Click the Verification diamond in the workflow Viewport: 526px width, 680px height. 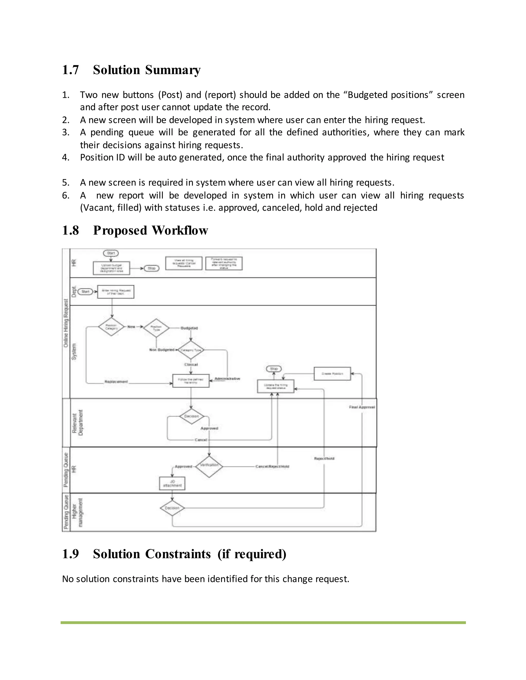coord(209,467)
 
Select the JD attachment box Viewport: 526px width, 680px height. coord(172,483)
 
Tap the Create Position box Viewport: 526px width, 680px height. coord(332,374)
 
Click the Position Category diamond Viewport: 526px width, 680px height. coord(111,327)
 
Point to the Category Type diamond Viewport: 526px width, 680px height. coord(190,350)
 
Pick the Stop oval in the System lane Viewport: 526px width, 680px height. coord(274,369)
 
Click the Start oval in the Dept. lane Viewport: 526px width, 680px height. coord(85,292)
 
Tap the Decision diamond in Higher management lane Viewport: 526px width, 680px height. coord(172,508)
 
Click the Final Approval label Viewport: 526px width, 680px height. coord(362,407)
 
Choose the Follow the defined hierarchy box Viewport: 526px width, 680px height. coord(191,381)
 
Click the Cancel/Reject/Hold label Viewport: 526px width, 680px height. coord(272,467)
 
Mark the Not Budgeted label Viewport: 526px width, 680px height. coord(162,350)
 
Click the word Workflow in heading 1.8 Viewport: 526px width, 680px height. coord(180,231)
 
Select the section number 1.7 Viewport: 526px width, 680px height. coord(70,70)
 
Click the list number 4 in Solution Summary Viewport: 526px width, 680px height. coord(65,158)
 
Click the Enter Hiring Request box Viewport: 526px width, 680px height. coord(116,292)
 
